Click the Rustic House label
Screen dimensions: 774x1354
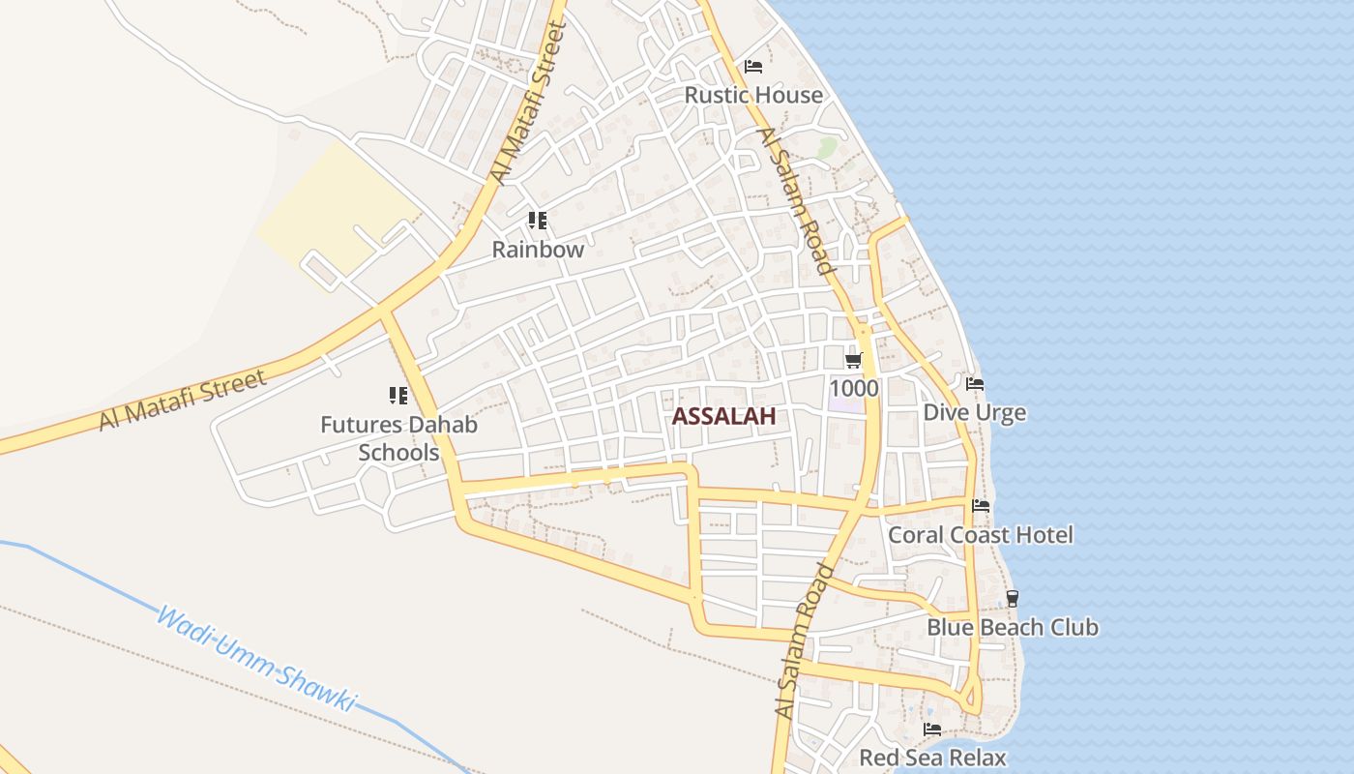click(x=753, y=95)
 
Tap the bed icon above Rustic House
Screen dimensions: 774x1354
click(x=753, y=67)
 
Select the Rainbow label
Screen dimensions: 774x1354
click(x=538, y=249)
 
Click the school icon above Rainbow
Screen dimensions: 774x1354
click(x=538, y=221)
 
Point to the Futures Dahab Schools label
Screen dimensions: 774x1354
click(x=398, y=438)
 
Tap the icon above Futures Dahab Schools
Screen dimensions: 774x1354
click(x=398, y=395)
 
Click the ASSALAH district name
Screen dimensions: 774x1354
click(x=723, y=417)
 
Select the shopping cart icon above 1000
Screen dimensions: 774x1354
click(x=853, y=361)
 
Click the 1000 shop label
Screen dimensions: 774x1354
click(x=854, y=389)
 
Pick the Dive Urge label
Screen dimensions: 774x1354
click(x=974, y=413)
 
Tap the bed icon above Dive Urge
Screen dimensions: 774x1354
click(x=975, y=384)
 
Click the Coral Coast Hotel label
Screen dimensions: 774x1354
click(x=981, y=535)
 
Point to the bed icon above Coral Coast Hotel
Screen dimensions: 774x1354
click(x=981, y=506)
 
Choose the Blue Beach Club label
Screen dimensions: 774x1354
click(x=1013, y=627)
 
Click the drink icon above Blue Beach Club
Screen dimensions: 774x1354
click(x=1012, y=598)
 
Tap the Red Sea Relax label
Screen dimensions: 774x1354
click(x=932, y=758)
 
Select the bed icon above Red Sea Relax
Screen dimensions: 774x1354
click(x=932, y=729)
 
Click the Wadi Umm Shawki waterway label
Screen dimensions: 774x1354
click(x=256, y=660)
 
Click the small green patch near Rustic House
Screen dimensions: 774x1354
click(x=826, y=147)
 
